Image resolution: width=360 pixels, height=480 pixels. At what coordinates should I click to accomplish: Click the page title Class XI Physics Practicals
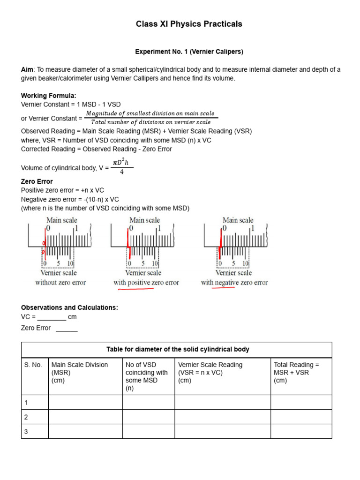tap(189, 24)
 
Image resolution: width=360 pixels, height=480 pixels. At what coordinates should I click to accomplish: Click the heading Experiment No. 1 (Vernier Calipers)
tap(189, 52)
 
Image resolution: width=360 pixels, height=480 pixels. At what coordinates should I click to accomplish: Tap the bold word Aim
tap(27, 70)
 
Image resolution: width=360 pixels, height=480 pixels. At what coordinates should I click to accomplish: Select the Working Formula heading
tap(48, 96)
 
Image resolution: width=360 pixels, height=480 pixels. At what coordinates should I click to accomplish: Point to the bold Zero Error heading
tap(37, 181)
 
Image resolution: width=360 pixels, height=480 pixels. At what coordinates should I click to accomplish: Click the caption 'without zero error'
tap(60, 283)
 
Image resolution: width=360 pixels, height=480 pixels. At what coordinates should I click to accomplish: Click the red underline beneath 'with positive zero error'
tap(136, 289)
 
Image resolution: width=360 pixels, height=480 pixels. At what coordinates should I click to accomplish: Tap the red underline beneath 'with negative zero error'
tap(224, 289)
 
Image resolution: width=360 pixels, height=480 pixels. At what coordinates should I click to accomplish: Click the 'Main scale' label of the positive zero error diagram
tap(144, 220)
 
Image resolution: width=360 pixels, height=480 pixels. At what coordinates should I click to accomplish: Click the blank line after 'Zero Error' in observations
tap(67, 329)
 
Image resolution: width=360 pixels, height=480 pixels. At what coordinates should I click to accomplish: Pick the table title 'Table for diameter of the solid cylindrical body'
tap(178, 350)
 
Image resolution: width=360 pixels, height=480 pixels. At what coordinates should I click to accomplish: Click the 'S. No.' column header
tap(33, 365)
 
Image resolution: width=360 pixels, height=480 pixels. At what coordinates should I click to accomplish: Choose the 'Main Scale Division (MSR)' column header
tap(80, 372)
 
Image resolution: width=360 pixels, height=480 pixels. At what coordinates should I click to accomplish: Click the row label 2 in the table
tap(27, 417)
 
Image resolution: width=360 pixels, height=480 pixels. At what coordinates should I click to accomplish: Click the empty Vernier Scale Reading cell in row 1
tap(223, 402)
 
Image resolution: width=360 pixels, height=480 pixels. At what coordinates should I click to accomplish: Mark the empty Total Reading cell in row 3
tap(301, 432)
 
